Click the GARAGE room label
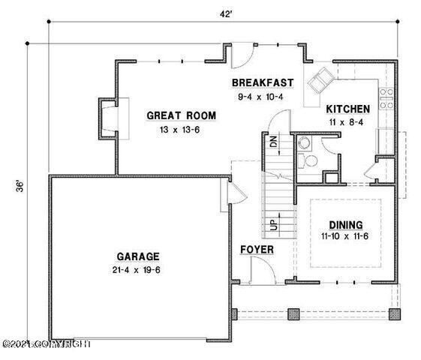[x=137, y=256]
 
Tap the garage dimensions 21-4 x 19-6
[x=137, y=270]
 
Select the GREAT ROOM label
[x=181, y=115]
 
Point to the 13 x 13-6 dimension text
[x=181, y=130]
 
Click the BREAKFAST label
[x=262, y=82]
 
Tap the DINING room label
[x=346, y=225]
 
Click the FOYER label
[x=257, y=249]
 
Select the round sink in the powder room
[x=305, y=142]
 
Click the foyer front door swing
[x=260, y=266]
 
